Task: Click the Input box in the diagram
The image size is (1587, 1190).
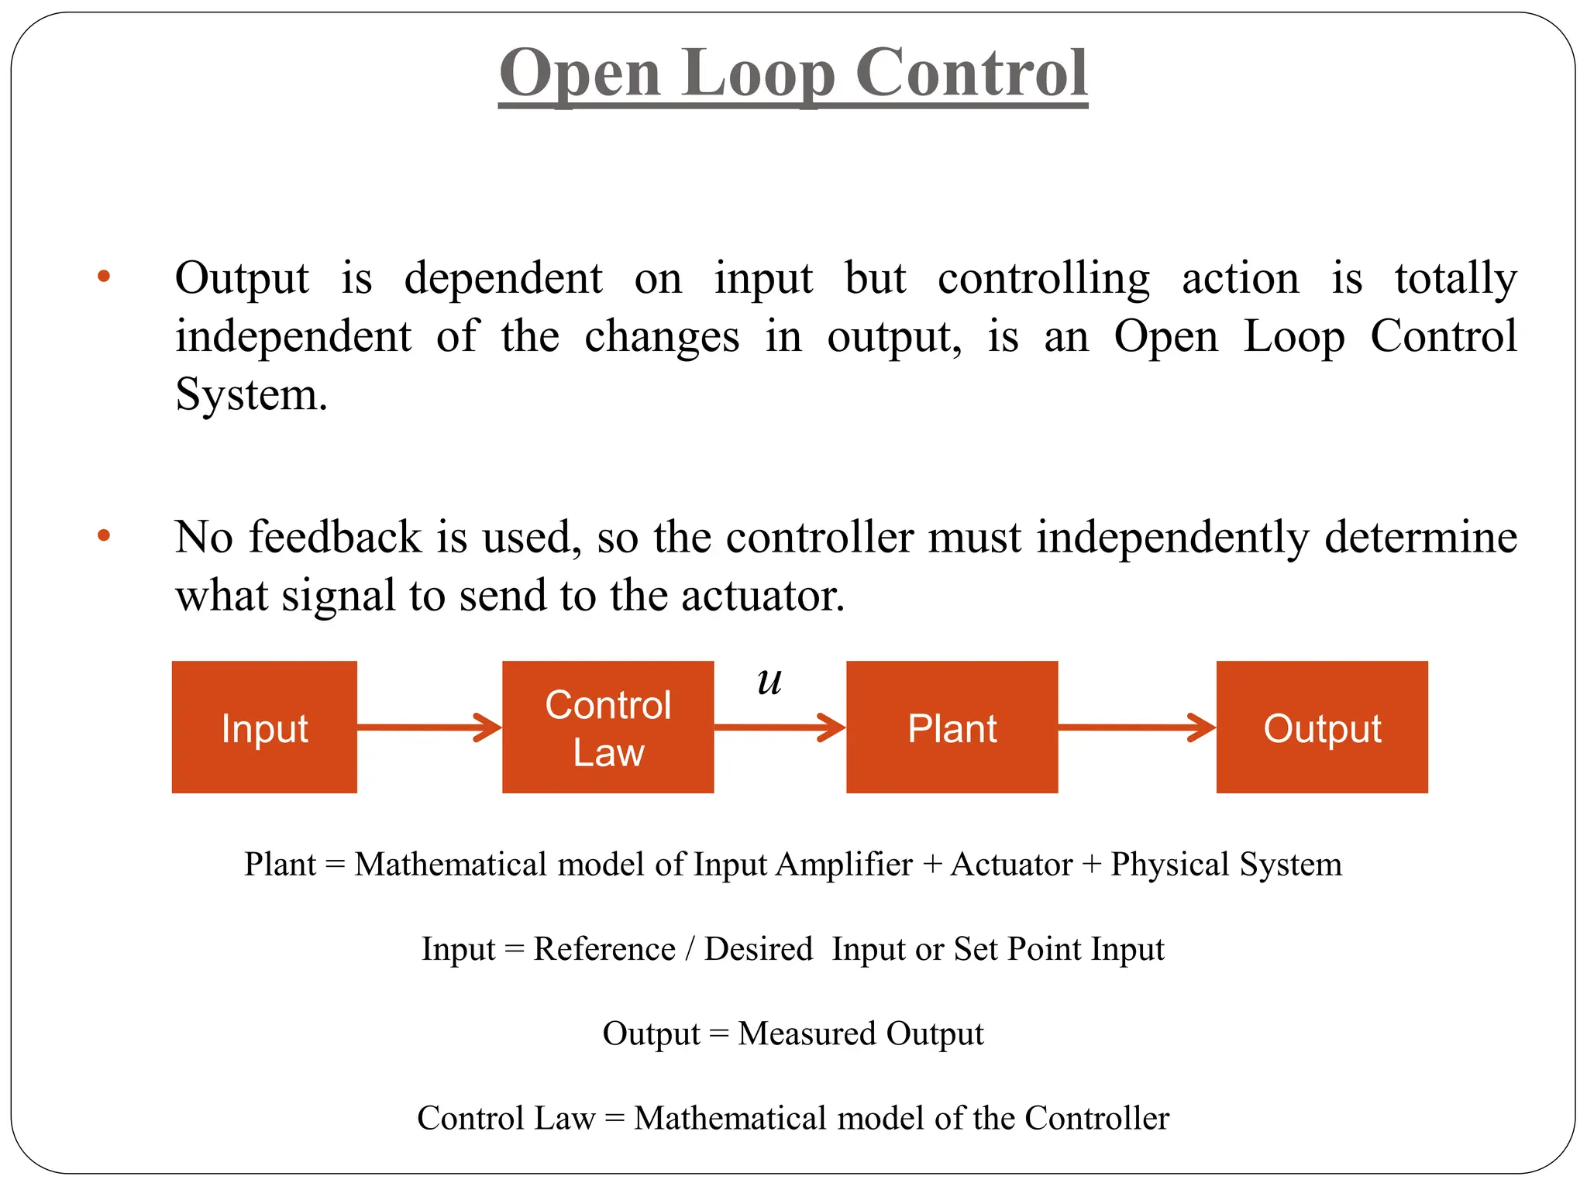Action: (264, 727)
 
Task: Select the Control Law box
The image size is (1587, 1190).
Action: (608, 727)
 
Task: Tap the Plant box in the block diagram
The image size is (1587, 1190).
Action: (952, 727)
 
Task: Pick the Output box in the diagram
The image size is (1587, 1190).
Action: (1322, 727)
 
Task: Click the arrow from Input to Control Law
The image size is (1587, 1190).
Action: (429, 727)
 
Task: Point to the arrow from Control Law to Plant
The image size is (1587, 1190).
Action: (780, 727)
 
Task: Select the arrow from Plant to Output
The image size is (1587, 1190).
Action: (1137, 727)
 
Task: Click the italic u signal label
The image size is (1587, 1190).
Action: (769, 681)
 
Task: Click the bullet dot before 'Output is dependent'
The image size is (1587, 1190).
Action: (104, 277)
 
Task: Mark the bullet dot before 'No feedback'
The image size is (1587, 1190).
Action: (104, 536)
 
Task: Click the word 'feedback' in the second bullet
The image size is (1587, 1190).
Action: (335, 536)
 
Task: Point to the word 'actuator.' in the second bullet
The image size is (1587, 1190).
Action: (763, 595)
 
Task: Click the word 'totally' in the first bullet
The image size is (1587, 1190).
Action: (1455, 278)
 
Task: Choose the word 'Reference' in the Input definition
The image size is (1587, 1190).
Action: (604, 949)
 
